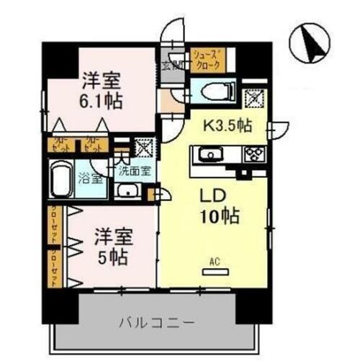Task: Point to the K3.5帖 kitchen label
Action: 227,125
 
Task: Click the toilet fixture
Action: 214,92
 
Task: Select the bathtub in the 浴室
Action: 62,178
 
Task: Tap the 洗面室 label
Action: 135,171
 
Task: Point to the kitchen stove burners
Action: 253,153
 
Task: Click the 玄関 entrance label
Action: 173,66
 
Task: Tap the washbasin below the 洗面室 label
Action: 129,191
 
